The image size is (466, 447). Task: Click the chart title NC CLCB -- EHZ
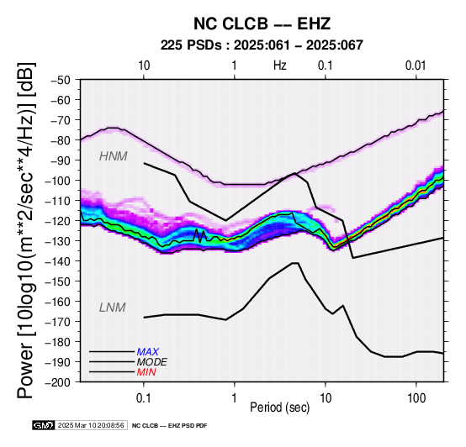262,24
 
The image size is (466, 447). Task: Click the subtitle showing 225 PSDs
262,45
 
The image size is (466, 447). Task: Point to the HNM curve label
114,156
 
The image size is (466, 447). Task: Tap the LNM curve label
113,308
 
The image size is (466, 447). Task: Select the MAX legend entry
148,352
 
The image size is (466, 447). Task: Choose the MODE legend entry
152,362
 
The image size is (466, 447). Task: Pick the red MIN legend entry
146,372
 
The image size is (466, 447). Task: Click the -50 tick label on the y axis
61,80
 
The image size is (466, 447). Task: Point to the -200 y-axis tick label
58,382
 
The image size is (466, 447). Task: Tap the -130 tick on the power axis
58,241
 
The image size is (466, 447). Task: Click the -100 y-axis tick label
58,181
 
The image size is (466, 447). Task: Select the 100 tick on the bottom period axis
416,398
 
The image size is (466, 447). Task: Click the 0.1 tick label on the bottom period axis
143,398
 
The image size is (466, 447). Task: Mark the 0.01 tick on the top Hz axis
416,66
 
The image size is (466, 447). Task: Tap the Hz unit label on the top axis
279,66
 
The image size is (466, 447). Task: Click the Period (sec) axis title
279,408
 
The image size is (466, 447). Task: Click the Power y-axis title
25,230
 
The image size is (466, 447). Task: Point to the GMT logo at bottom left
44,425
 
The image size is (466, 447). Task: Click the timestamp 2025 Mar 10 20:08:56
91,425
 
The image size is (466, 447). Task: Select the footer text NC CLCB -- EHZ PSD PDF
169,426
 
